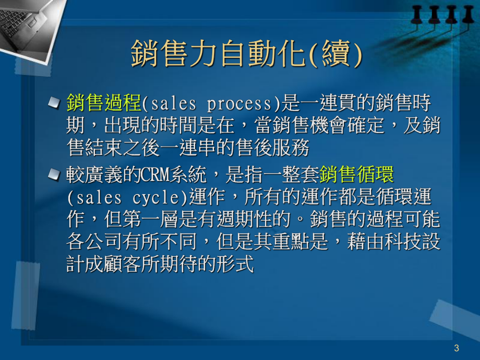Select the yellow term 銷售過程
104,103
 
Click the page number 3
457,348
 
